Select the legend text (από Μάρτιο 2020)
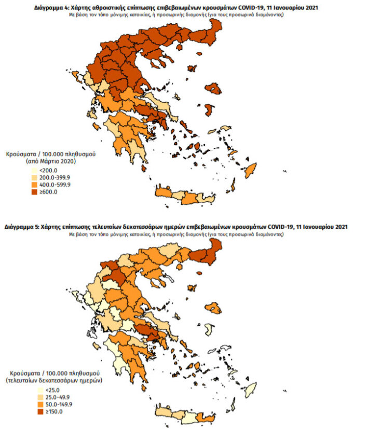pyautogui.click(x=50, y=162)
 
